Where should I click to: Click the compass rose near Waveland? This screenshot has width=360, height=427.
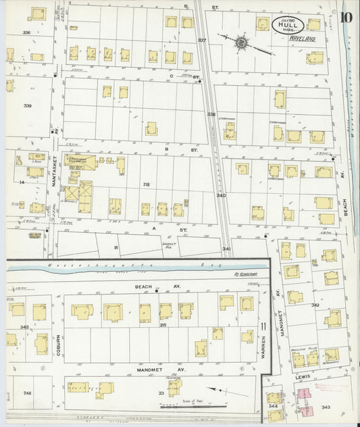[241, 43]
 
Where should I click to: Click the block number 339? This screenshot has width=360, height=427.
[27, 105]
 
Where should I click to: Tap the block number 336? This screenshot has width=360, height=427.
[27, 32]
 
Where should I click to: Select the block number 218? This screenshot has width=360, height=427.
[147, 184]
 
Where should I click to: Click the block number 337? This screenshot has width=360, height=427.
[201, 41]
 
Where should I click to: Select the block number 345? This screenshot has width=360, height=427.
[25, 327]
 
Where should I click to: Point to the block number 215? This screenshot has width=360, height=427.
[163, 325]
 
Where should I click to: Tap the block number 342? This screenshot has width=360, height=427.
[315, 305]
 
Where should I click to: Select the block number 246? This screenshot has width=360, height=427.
[28, 392]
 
